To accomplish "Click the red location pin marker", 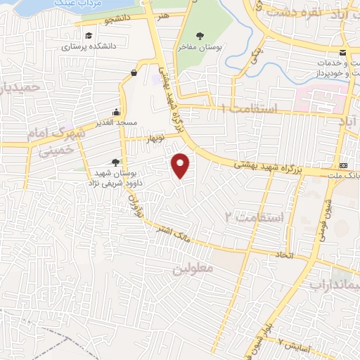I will click(181, 165).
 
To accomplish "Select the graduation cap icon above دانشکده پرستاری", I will click(88, 36).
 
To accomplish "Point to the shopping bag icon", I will click(134, 72).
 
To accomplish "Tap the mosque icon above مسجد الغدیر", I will click(117, 112).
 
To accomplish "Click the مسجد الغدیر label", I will click(117, 123).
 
